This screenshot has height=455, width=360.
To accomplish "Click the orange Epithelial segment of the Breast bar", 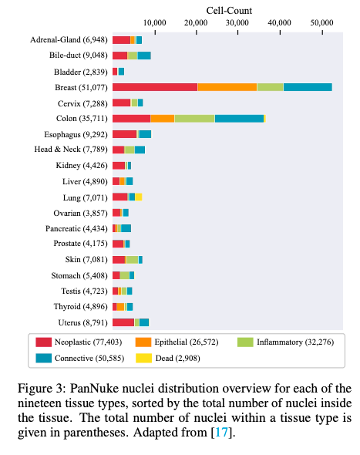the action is coord(227,87).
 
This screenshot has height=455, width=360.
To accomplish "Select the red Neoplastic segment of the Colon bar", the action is coord(131,119).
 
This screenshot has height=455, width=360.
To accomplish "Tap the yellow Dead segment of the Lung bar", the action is coord(138,197).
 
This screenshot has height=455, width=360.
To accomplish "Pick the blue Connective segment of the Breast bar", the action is coord(308,87).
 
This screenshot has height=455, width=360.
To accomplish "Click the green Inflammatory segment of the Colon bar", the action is coord(194,119).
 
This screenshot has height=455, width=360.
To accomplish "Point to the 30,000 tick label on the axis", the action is coord(237,22).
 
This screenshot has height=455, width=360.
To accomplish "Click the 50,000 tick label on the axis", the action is coord(321,22).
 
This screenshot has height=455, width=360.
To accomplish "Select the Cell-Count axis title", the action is coord(229,11).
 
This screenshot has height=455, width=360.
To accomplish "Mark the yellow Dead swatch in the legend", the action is coord(143,358).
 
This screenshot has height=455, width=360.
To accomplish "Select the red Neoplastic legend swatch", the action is coord(43,342).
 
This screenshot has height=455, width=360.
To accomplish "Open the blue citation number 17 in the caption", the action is coord(221,433).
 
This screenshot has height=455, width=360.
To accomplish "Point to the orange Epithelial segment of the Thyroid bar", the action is coord(120,307).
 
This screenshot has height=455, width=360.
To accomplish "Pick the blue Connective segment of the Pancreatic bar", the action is coord(126,228).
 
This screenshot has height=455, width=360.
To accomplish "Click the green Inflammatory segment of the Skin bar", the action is coord(133,260).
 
